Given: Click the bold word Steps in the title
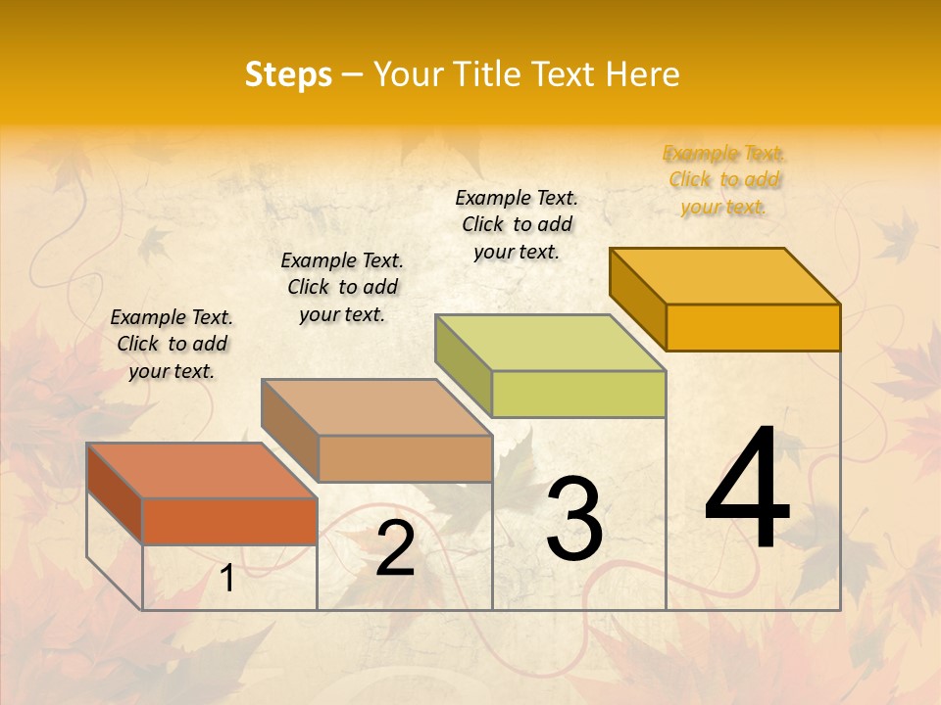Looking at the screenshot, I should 288,74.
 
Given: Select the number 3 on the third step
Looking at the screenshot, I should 574,519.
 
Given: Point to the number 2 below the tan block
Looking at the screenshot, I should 395,548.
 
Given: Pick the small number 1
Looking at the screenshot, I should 227,579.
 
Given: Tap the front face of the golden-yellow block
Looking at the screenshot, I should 753,327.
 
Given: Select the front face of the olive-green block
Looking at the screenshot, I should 578,394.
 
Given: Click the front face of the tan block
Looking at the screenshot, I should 405,458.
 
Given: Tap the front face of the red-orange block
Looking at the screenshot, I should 229,521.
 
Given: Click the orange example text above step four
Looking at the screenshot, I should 724,180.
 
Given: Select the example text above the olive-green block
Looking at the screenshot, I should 518,224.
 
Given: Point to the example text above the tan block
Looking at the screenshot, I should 342,287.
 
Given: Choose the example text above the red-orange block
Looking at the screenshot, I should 172,344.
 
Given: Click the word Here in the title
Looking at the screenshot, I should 643,74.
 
